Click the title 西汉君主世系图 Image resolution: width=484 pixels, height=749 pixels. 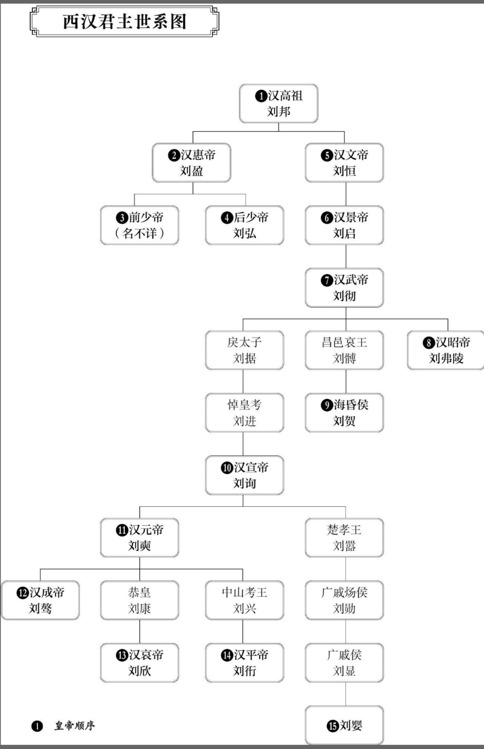click(124, 22)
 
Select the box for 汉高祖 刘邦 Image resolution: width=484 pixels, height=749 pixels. click(279, 104)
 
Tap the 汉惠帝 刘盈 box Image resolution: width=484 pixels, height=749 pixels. click(191, 163)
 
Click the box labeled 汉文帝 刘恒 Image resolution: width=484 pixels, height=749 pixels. click(344, 163)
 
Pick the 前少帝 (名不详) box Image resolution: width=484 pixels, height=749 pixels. click(139, 225)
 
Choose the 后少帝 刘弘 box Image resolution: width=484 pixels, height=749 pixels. click(244, 225)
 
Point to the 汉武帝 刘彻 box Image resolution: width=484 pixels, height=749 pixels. click(344, 288)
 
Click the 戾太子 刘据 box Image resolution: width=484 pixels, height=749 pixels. click(244, 350)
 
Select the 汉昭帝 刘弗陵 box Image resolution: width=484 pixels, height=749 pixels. click(446, 350)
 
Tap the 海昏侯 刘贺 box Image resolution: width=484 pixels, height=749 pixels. click(344, 413)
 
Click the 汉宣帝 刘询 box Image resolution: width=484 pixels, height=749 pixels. click(244, 475)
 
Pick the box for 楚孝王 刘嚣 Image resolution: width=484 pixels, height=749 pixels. click(344, 538)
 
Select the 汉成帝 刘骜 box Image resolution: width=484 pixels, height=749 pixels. click(40, 600)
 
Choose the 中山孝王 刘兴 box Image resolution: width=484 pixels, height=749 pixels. click(244, 600)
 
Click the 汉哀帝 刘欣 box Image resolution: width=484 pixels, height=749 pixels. click(139, 663)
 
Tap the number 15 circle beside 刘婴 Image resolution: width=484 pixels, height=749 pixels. click(332, 726)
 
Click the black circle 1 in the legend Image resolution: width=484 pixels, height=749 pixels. click(37, 726)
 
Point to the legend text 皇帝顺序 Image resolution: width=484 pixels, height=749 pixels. click(75, 726)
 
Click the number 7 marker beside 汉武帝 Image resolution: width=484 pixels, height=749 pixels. click(327, 280)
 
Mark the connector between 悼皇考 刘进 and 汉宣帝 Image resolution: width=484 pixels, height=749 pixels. click(243, 444)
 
